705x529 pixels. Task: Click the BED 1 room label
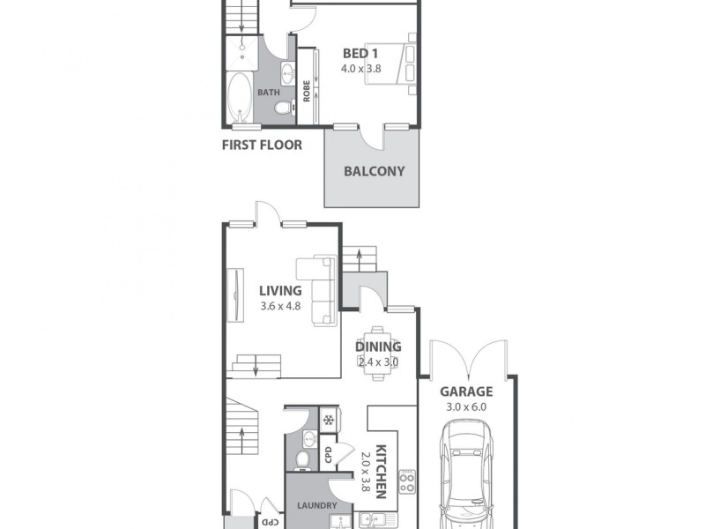point(360,53)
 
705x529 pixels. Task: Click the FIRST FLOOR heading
point(261,145)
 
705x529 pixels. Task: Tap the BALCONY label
point(374,171)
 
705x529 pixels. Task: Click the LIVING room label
point(280,290)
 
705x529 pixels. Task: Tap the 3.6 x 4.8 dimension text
point(280,306)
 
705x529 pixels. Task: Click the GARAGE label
point(466,392)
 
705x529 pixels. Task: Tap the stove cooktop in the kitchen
point(408,481)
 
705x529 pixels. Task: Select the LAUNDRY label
point(315,505)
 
